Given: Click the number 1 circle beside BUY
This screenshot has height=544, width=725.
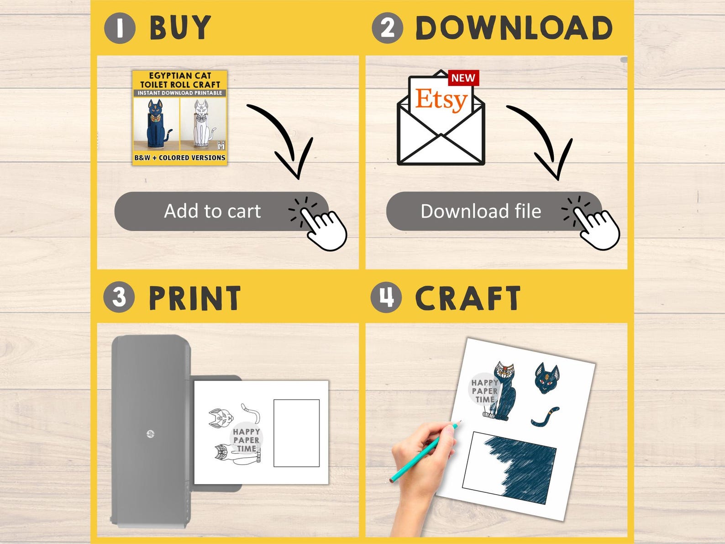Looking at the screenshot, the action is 120,28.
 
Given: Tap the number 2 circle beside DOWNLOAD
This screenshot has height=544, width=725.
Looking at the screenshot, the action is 387,28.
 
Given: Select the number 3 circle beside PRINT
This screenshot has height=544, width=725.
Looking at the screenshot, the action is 119,297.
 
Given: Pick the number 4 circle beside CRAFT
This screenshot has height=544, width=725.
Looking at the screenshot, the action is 386,297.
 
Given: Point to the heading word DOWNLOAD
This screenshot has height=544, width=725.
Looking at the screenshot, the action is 514,28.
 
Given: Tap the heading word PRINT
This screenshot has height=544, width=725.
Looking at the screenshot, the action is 194,298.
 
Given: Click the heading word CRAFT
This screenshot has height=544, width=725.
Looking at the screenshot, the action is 468,298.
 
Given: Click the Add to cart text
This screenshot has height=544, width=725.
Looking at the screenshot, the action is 212,211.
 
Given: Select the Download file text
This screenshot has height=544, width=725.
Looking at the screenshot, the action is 481,211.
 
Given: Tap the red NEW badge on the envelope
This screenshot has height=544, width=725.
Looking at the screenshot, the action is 463,78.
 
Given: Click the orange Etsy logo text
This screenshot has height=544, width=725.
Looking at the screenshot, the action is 441,100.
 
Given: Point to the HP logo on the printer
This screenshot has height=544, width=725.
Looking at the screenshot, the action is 151,433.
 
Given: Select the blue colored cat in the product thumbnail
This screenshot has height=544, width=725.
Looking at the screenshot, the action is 158,124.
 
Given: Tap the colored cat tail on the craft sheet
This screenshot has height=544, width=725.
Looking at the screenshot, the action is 545,417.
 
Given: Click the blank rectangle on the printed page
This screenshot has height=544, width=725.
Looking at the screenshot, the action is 296,433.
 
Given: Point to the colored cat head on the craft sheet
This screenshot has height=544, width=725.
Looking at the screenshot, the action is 546,378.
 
